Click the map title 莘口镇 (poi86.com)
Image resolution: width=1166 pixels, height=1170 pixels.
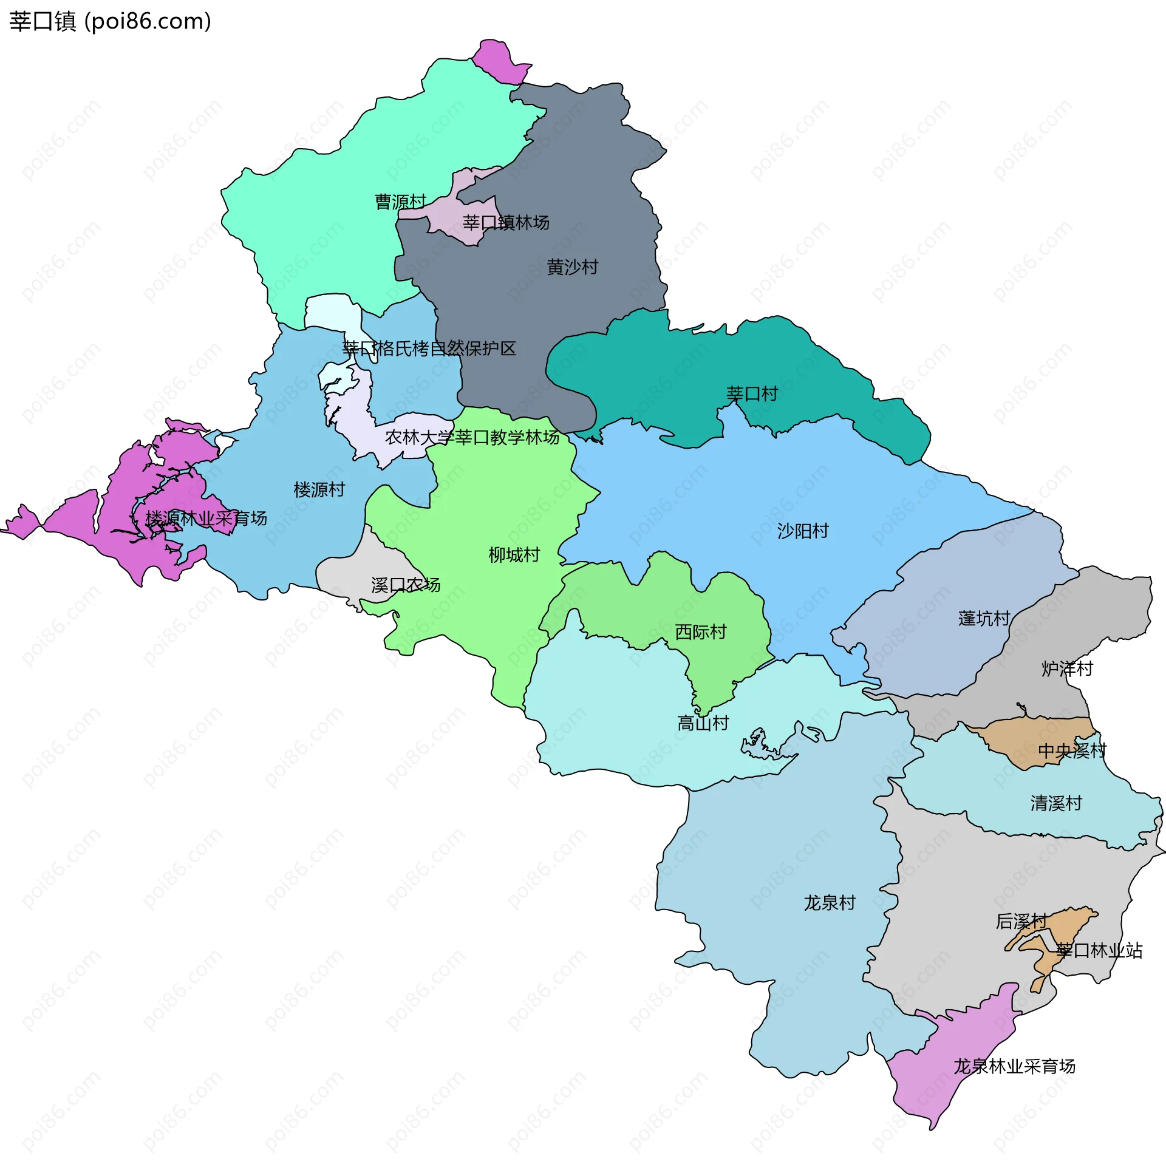pos(110,21)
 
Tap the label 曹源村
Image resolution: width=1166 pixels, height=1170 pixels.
pos(400,202)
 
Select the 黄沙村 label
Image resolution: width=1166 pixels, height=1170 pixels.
pos(572,267)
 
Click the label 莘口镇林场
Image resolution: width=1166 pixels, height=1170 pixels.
pos(505,223)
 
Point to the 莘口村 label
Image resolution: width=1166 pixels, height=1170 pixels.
pos(752,394)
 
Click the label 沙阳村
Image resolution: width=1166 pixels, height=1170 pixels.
pos(803,531)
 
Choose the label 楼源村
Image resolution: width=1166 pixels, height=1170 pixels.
pos(319,489)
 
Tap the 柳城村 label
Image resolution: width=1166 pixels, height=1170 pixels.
pos(514,555)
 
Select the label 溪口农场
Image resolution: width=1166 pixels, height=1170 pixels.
pos(406,585)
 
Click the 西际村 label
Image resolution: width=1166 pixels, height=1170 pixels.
pos(700,632)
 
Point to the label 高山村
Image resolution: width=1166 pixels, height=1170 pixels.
pos(703,723)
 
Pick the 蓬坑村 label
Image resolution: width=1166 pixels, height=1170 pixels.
pos(984,619)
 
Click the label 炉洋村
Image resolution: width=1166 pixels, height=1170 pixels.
pos(1067,669)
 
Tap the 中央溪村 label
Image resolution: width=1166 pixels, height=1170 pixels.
pos(1072,751)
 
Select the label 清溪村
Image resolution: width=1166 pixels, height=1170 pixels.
pos(1056,803)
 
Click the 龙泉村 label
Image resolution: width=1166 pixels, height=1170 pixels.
pos(830,903)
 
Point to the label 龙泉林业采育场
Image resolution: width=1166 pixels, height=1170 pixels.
pos(1014,1066)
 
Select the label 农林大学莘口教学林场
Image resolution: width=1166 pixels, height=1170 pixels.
pos(472,437)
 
